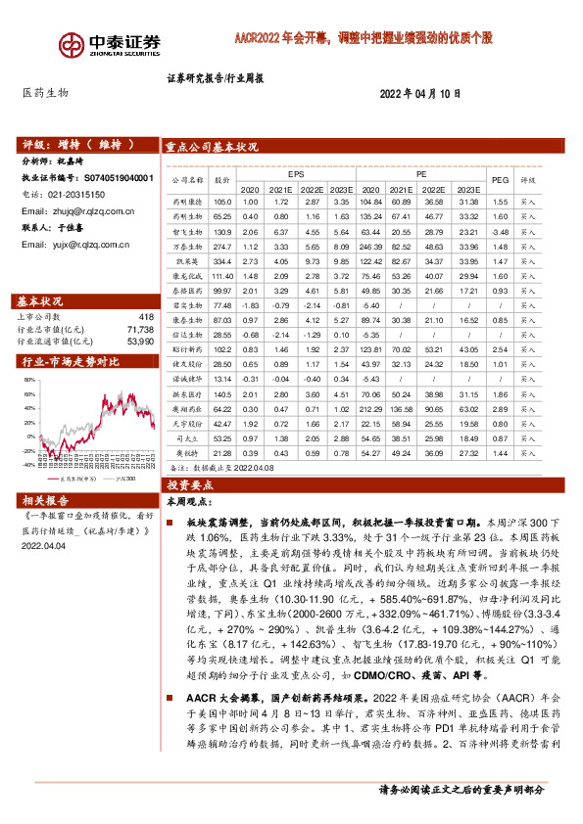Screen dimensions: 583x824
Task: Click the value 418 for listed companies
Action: [x=146, y=317]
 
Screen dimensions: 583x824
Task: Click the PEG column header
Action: [x=500, y=180]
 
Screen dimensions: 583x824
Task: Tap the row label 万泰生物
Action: [x=186, y=247]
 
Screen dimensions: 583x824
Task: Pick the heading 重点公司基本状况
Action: [x=213, y=146]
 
